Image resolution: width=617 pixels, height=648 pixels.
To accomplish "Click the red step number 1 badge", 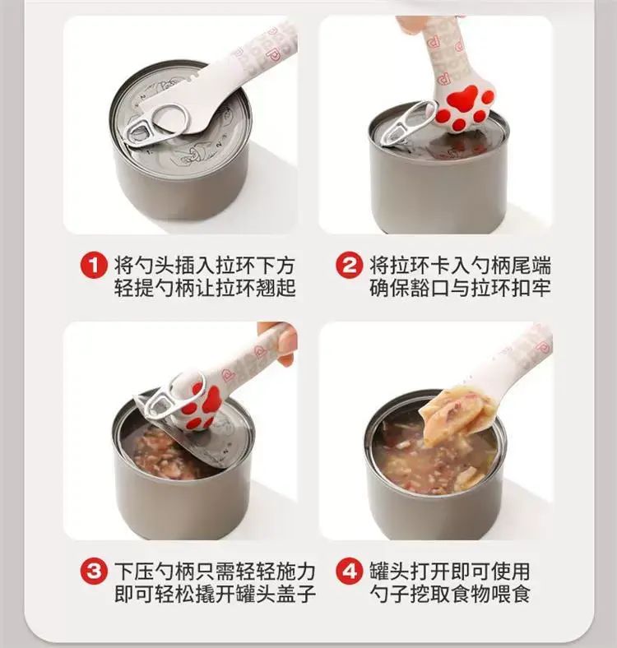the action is pyautogui.click(x=94, y=265).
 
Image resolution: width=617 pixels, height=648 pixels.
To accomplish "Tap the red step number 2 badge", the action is pyautogui.click(x=350, y=265).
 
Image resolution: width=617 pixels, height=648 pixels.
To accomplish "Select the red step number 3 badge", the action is pyautogui.click(x=94, y=572).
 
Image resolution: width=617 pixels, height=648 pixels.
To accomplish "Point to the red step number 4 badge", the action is pyautogui.click(x=350, y=572).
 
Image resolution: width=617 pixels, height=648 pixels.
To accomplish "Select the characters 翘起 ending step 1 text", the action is pyautogui.click(x=276, y=287).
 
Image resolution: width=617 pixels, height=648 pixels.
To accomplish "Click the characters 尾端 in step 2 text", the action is pyautogui.click(x=531, y=266).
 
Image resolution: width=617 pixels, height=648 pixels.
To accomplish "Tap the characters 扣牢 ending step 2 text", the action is pyautogui.click(x=531, y=287).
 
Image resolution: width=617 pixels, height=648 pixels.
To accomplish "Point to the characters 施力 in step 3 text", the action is pyautogui.click(x=296, y=572).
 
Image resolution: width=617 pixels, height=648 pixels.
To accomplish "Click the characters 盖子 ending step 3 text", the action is pyautogui.click(x=296, y=594).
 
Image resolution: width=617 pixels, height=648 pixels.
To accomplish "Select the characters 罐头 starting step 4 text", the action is pyautogui.click(x=390, y=572).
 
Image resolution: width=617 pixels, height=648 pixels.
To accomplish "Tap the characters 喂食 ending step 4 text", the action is pyautogui.click(x=511, y=594).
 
